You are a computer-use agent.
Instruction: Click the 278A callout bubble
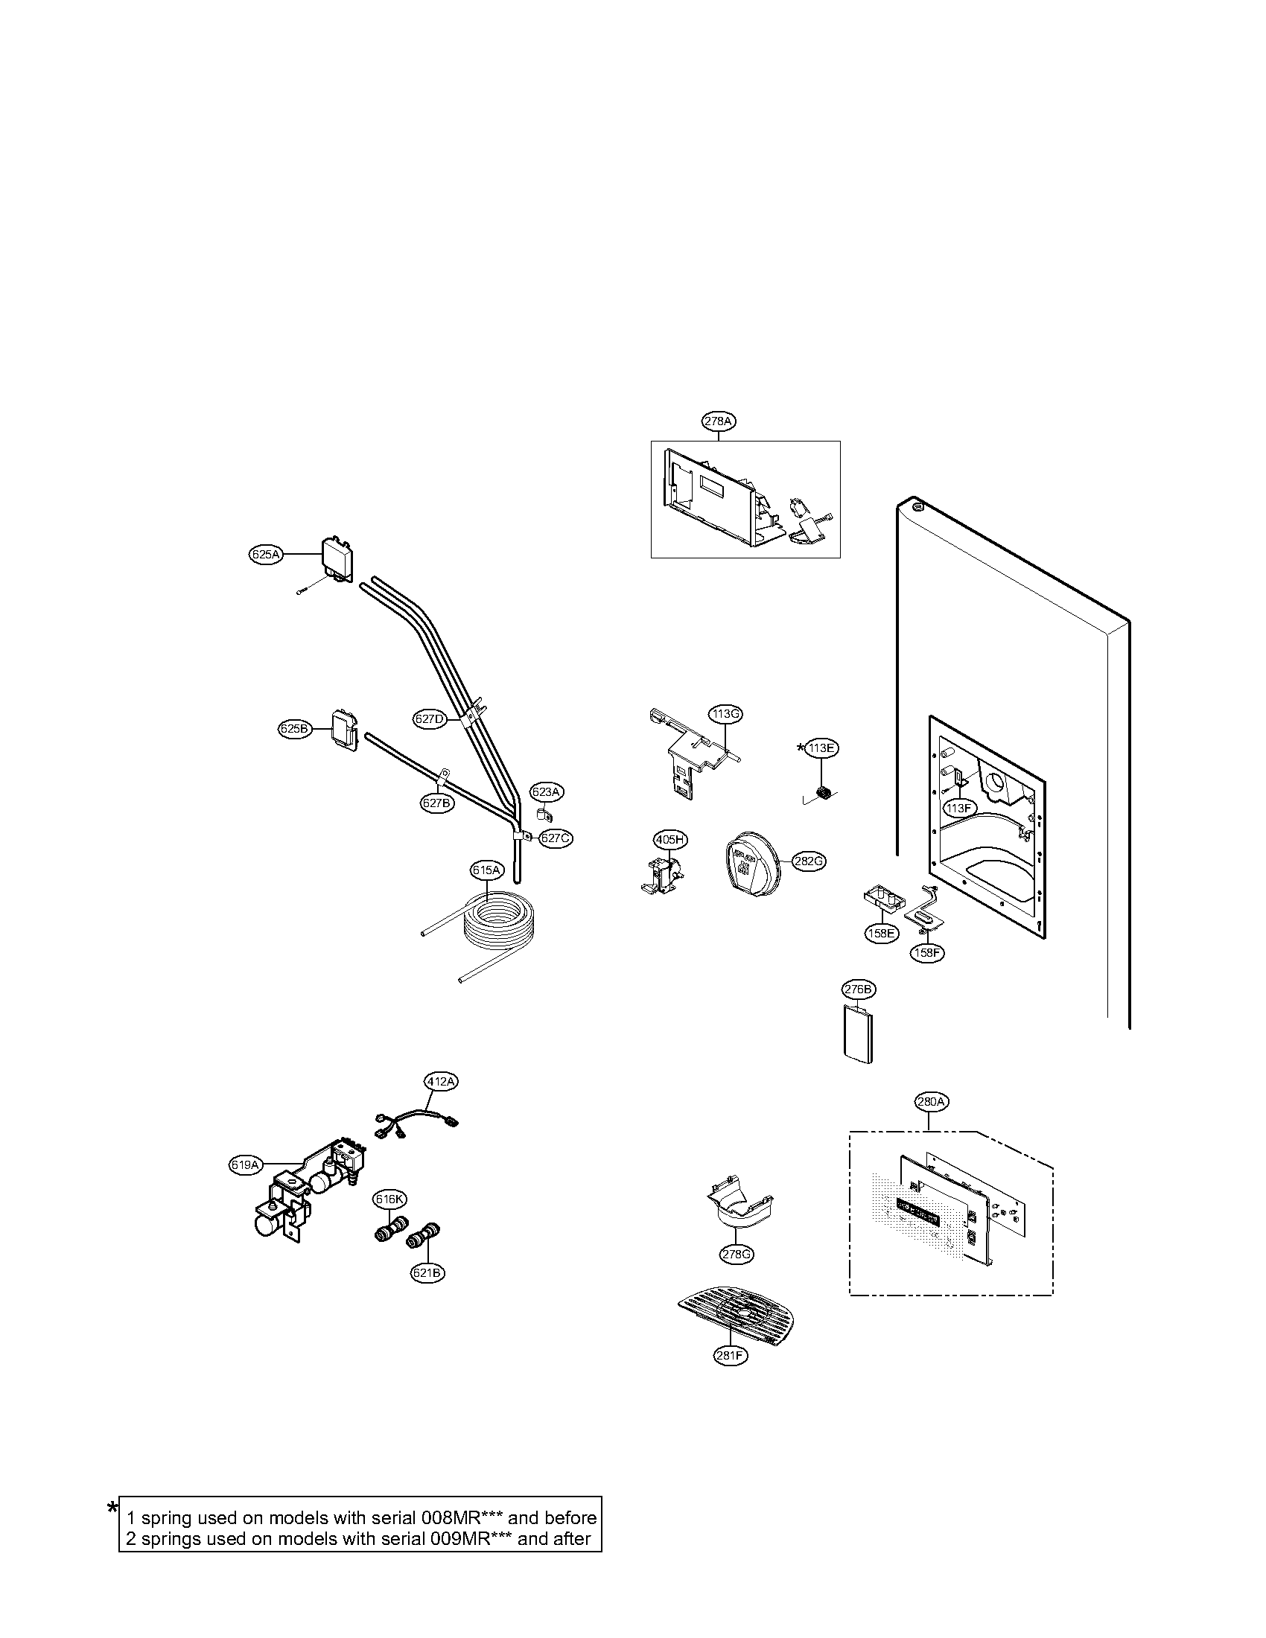point(718,421)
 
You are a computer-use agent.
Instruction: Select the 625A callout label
point(266,554)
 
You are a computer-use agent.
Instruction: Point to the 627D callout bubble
point(430,718)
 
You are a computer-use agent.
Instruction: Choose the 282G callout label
point(809,861)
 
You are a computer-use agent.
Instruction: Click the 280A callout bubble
point(932,1102)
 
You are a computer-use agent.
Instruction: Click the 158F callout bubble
point(927,952)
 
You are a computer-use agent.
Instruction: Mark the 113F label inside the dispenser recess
point(958,808)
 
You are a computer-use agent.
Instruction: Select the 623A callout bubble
point(546,792)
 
